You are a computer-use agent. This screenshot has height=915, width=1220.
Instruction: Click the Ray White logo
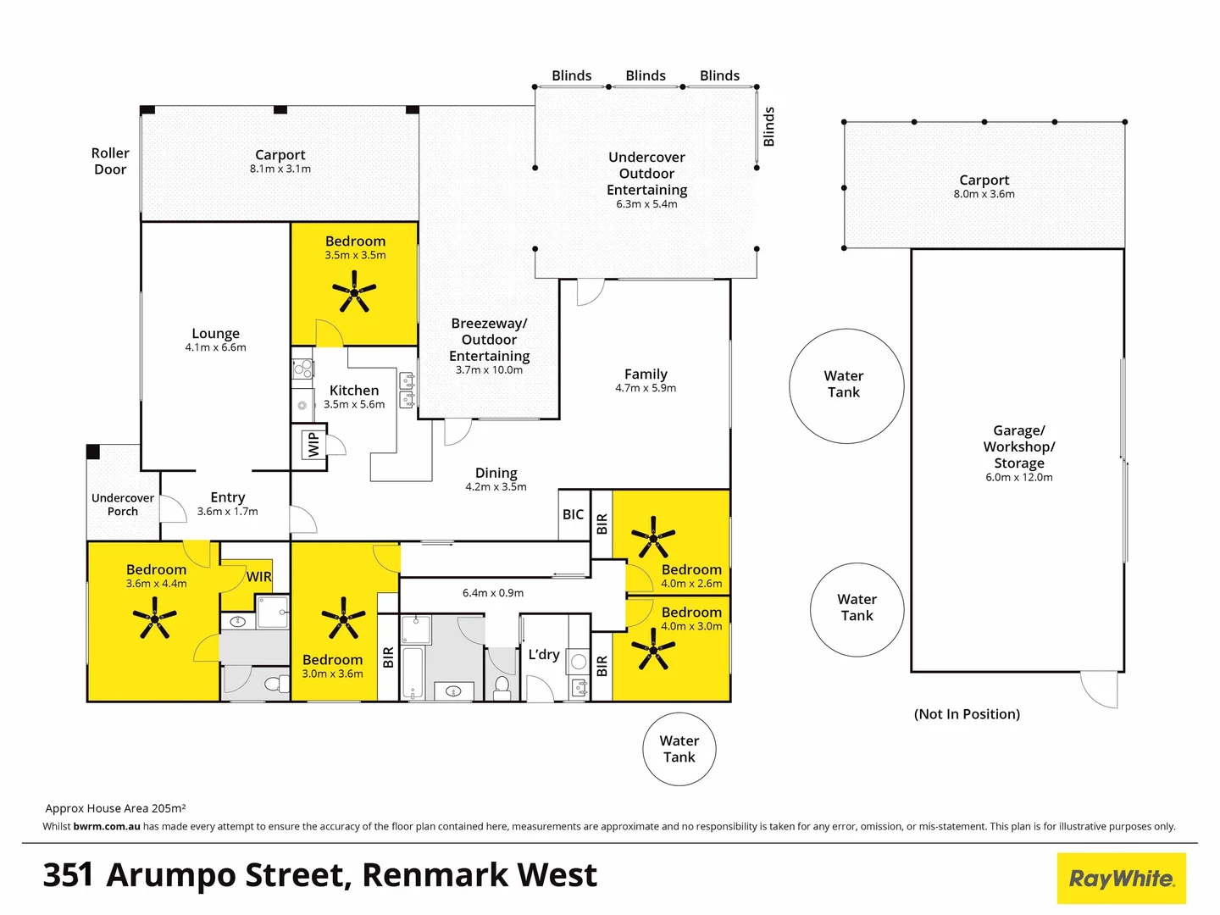[x=1121, y=879]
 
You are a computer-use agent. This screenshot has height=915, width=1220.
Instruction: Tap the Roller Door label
[x=110, y=161]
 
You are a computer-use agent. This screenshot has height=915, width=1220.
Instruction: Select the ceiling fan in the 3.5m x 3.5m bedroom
[x=354, y=293]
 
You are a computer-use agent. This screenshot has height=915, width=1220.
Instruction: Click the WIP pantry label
[x=313, y=444]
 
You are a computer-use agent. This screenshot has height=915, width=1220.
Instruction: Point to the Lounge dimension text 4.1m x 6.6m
[x=215, y=347]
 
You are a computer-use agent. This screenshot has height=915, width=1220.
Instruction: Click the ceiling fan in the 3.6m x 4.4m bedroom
[x=154, y=618]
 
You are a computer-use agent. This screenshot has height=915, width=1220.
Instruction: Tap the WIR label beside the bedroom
[x=259, y=577]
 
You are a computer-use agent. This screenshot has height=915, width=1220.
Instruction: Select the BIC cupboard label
[x=573, y=514]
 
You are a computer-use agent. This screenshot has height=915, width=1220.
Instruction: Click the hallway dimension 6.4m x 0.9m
[x=493, y=593]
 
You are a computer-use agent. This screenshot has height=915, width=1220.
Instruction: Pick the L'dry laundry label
[x=544, y=654]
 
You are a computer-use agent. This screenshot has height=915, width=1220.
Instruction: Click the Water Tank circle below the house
[x=679, y=749]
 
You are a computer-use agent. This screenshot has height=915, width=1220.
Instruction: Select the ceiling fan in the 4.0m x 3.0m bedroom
[x=653, y=650]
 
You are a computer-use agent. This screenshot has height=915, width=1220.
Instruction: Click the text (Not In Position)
[x=967, y=714]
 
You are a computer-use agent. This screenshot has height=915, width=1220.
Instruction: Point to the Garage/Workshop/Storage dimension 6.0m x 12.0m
[x=1018, y=478]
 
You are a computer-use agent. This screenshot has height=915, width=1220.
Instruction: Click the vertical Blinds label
[x=769, y=126]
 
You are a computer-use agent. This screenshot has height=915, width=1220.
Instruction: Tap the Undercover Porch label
[x=123, y=504]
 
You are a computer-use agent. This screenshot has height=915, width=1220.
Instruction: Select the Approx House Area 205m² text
[x=115, y=808]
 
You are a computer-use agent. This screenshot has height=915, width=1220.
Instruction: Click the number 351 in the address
[x=68, y=875]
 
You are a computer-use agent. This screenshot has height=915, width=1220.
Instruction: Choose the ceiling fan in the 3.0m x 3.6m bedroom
[x=343, y=618]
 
